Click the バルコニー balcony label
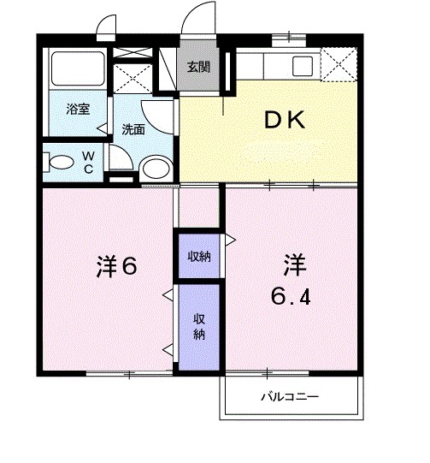[290, 398]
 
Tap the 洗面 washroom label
[133, 130]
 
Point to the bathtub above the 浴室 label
[77, 68]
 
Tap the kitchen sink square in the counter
[303, 66]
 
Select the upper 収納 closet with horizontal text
[197, 255]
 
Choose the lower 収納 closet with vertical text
[197, 326]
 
